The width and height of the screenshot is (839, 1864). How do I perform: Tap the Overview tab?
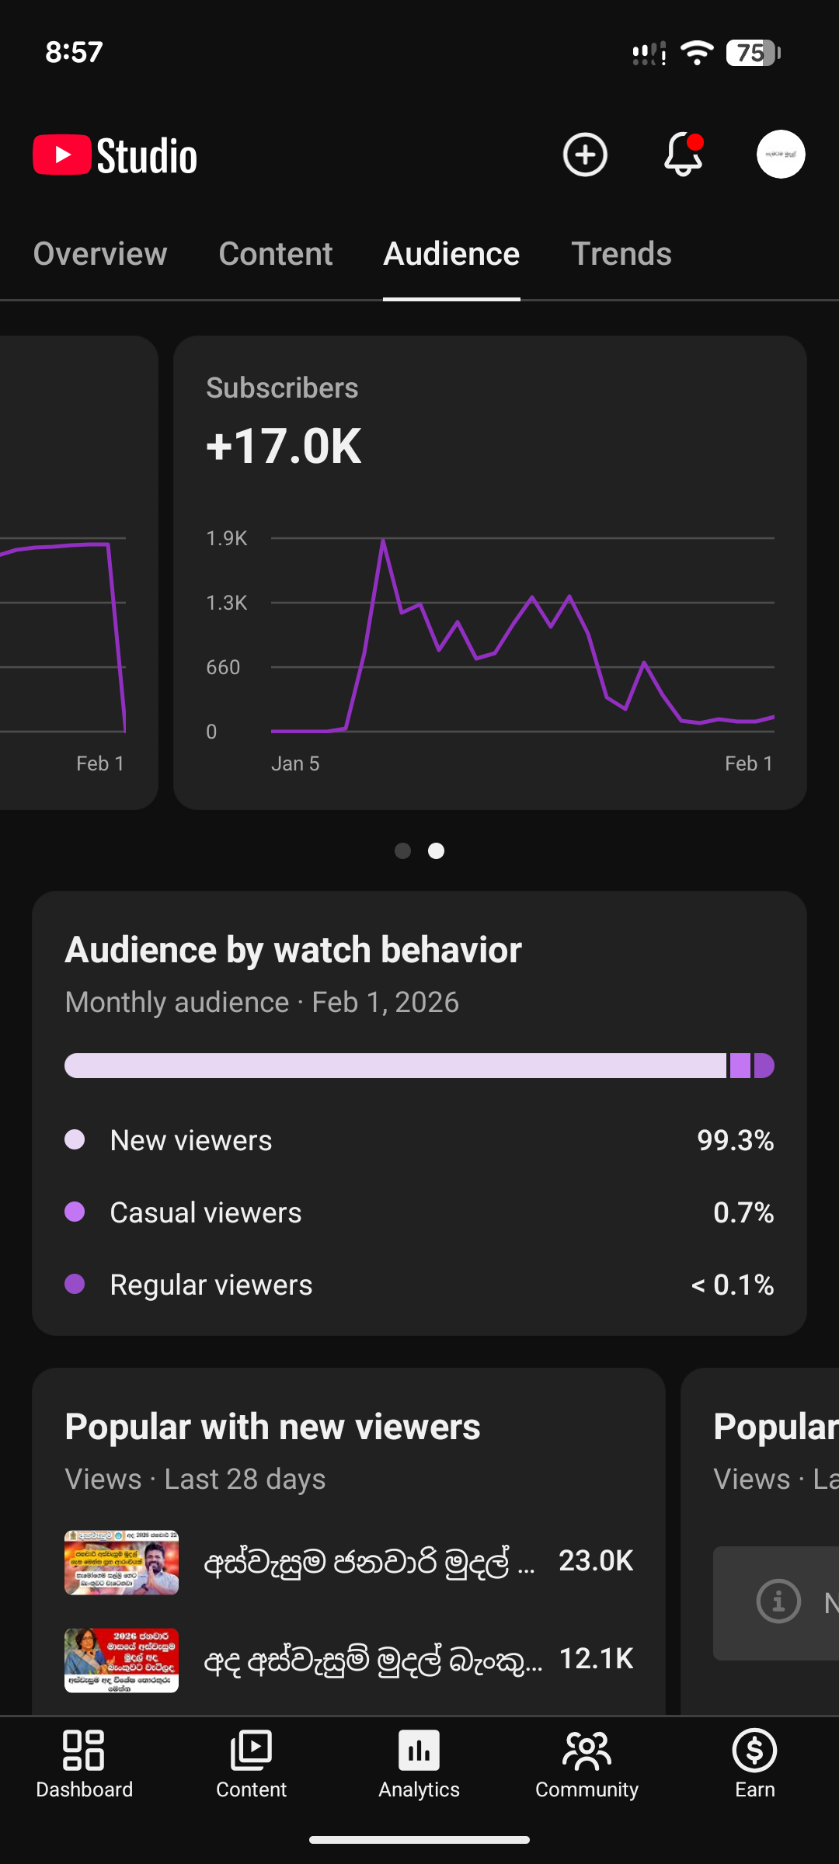[x=100, y=254]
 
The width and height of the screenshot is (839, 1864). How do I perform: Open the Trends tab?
[x=621, y=254]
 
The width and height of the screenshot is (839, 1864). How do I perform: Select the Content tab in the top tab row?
[x=276, y=254]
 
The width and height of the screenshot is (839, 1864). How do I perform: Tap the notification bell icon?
[x=683, y=155]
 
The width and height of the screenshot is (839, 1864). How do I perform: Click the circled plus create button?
[x=585, y=155]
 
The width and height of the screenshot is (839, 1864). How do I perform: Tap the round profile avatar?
[x=781, y=155]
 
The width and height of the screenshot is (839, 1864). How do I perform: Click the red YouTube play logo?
[x=62, y=155]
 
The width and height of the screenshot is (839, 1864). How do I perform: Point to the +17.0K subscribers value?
[x=284, y=447]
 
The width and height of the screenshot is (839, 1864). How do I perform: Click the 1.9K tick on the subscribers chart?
[x=226, y=538]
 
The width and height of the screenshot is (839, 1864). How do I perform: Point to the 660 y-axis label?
[x=223, y=667]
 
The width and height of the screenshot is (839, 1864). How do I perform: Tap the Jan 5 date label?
[x=295, y=763]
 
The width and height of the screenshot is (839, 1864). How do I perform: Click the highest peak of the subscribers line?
[x=383, y=541]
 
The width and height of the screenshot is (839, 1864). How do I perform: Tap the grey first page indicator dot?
[x=402, y=851]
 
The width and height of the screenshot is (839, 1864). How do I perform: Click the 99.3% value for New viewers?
[x=735, y=1141]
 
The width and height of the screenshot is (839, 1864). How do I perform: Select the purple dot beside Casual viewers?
[x=75, y=1212]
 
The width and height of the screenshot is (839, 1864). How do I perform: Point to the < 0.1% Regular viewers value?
[x=733, y=1285]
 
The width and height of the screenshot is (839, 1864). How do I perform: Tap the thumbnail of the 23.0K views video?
[x=121, y=1563]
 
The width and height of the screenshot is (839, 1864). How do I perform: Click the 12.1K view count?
[x=596, y=1659]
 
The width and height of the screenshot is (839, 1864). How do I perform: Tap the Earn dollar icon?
[x=754, y=1751]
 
